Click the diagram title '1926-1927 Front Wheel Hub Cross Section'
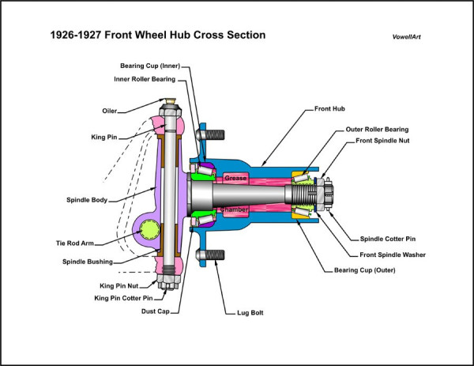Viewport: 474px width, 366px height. (x=158, y=35)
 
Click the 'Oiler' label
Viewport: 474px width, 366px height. (x=111, y=111)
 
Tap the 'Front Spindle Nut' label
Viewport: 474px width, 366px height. (x=382, y=141)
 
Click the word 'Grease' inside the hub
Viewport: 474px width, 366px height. (x=236, y=179)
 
